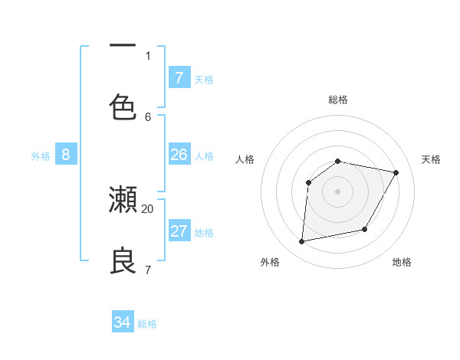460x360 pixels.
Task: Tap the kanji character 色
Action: (x=123, y=106)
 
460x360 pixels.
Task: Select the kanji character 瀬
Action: (x=123, y=198)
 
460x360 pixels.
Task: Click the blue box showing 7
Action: (x=179, y=77)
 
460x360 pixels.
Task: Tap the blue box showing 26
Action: (x=179, y=154)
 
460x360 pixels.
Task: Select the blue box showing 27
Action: (x=179, y=231)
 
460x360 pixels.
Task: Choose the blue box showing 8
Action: (x=66, y=155)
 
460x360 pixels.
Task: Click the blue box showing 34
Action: (x=122, y=322)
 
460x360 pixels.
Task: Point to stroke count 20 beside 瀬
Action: (x=148, y=208)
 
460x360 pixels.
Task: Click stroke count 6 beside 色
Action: (x=148, y=116)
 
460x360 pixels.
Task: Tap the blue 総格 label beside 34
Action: (x=147, y=324)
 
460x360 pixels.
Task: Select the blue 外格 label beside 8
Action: (x=41, y=155)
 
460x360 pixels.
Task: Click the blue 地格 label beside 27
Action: (x=204, y=232)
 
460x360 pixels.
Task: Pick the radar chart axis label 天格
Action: (x=431, y=159)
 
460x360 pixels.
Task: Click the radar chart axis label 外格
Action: (x=270, y=262)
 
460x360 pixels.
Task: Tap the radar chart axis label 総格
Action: (x=338, y=100)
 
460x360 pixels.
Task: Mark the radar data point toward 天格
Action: (x=396, y=173)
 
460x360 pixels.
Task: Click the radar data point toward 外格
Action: (x=302, y=242)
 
